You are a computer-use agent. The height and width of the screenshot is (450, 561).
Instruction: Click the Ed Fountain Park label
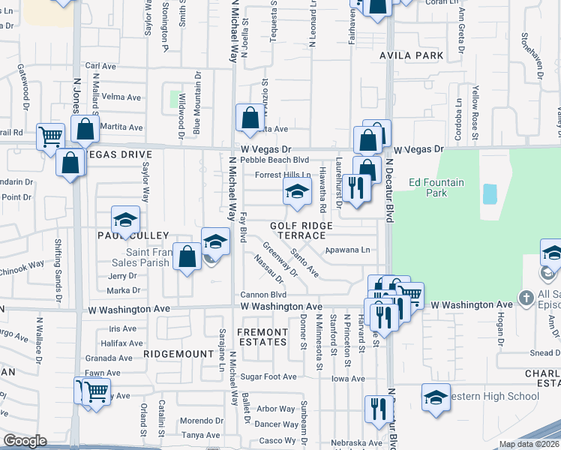pyautogui.click(x=436, y=187)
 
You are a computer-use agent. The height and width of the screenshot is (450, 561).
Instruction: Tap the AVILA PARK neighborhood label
pyautogui.click(x=412, y=55)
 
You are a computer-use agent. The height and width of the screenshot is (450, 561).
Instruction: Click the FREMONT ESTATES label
pyautogui.click(x=262, y=336)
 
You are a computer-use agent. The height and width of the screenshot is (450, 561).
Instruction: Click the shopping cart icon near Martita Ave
pyautogui.click(x=51, y=137)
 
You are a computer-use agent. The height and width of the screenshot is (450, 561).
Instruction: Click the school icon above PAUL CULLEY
pyautogui.click(x=126, y=219)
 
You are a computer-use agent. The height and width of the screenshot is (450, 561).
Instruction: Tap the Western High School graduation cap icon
pyautogui.click(x=436, y=397)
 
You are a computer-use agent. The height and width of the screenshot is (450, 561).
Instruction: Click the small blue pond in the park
pyautogui.click(x=490, y=194)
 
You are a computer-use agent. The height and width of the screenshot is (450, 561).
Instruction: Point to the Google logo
pyautogui.click(x=25, y=441)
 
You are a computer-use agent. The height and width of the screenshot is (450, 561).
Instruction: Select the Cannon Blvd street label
pyautogui.click(x=259, y=294)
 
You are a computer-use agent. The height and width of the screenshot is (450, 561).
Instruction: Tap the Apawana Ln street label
pyautogui.click(x=348, y=250)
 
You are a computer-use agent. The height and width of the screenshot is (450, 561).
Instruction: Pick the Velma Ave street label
pyautogui.click(x=121, y=97)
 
